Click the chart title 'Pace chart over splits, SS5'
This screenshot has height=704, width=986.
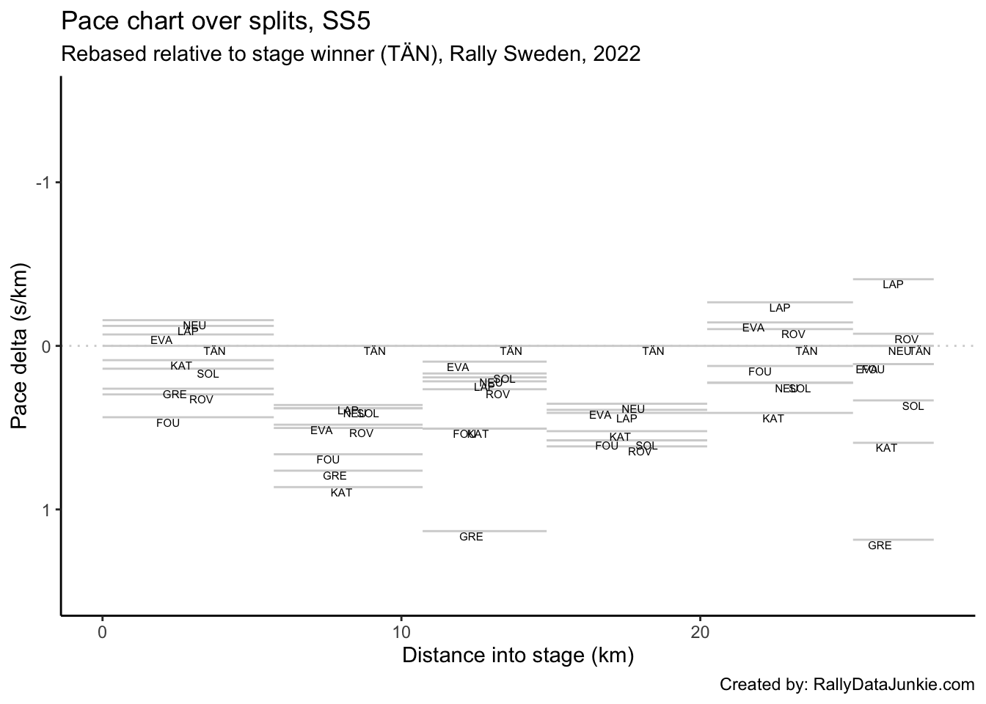click(x=216, y=21)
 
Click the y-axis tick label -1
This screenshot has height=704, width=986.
click(x=44, y=183)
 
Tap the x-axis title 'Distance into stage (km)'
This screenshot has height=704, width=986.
click(x=518, y=655)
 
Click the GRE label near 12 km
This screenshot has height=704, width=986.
click(x=471, y=537)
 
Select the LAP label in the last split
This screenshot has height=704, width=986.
click(x=893, y=285)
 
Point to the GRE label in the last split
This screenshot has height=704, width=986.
click(x=880, y=546)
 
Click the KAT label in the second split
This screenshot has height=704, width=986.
click(x=341, y=493)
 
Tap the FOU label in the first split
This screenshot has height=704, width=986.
click(x=168, y=423)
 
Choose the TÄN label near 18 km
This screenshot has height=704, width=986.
click(x=653, y=351)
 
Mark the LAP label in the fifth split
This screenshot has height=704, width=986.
click(x=780, y=308)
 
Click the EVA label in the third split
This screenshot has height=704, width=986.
click(x=458, y=367)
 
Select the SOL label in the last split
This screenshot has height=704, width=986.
click(x=913, y=406)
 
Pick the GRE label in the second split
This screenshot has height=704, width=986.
click(x=335, y=476)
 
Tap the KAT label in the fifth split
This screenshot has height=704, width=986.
click(x=773, y=419)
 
